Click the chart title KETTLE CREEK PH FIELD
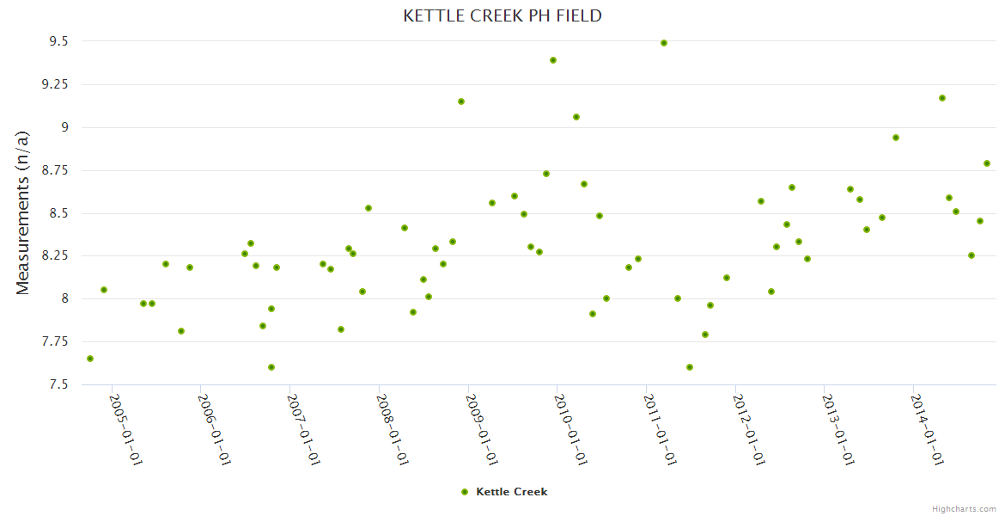(502, 15)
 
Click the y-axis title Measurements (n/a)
(23, 212)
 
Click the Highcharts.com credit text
(964, 508)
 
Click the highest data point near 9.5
(664, 43)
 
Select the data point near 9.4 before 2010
(553, 60)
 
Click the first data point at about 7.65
(90, 359)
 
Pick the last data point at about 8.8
(987, 163)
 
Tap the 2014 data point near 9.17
(942, 98)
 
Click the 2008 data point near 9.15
(461, 101)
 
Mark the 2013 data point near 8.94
(896, 138)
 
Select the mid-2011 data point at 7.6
(690, 367)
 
